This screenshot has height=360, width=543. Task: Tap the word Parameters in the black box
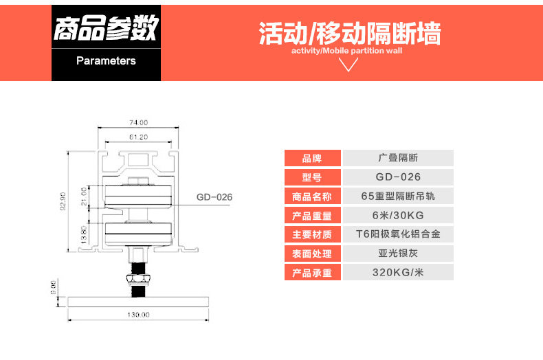(106, 60)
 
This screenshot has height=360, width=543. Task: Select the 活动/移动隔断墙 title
(350, 34)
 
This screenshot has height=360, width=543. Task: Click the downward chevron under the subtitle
(350, 65)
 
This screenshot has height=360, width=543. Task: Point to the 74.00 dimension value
(139, 122)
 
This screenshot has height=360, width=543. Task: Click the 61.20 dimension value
(139, 137)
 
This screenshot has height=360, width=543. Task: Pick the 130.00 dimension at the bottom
(138, 314)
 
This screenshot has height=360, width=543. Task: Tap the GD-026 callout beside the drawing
(214, 197)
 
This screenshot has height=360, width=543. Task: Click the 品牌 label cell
(312, 158)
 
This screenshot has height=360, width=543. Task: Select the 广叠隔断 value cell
(398, 158)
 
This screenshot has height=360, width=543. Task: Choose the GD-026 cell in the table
(398, 177)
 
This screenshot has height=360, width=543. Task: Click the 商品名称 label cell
(312, 196)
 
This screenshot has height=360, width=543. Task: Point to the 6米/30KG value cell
(398, 216)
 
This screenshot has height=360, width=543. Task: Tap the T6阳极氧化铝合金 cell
(398, 234)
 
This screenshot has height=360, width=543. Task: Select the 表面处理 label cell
(312, 254)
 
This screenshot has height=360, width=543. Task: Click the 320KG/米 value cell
(398, 273)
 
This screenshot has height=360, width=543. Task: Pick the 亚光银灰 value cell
(398, 254)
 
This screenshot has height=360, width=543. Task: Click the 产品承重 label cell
(312, 273)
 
